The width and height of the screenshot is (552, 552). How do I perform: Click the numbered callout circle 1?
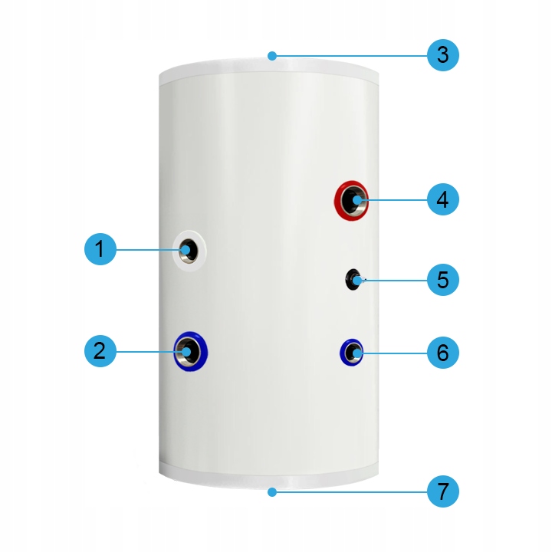pyautogui.click(x=100, y=249)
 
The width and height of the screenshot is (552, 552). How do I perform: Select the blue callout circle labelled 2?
pyautogui.click(x=100, y=351)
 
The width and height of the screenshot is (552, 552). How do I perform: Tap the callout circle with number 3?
pyautogui.click(x=443, y=55)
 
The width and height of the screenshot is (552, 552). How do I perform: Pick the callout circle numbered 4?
pyautogui.click(x=443, y=199)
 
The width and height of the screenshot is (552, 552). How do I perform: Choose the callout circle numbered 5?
pyautogui.click(x=443, y=280)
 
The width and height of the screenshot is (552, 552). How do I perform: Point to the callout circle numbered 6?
pyautogui.click(x=443, y=353)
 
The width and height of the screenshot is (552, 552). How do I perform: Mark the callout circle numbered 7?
pyautogui.click(x=443, y=491)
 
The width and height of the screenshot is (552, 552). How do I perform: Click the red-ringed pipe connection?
pyautogui.click(x=351, y=200)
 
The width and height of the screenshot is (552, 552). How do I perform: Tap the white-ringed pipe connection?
pyautogui.click(x=189, y=251)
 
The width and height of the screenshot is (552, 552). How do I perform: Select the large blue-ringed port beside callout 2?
pyautogui.click(x=190, y=351)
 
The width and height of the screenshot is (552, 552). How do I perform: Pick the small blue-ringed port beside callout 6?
pyautogui.click(x=351, y=353)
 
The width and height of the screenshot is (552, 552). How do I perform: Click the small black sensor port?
pyautogui.click(x=353, y=280)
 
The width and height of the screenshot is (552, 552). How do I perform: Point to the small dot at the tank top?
pyautogui.click(x=271, y=56)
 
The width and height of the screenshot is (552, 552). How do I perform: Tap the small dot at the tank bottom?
pyautogui.click(x=271, y=492)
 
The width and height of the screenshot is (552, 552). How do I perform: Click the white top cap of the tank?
pyautogui.click(x=268, y=71)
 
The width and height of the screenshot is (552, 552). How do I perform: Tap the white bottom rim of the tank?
pyautogui.click(x=268, y=477)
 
